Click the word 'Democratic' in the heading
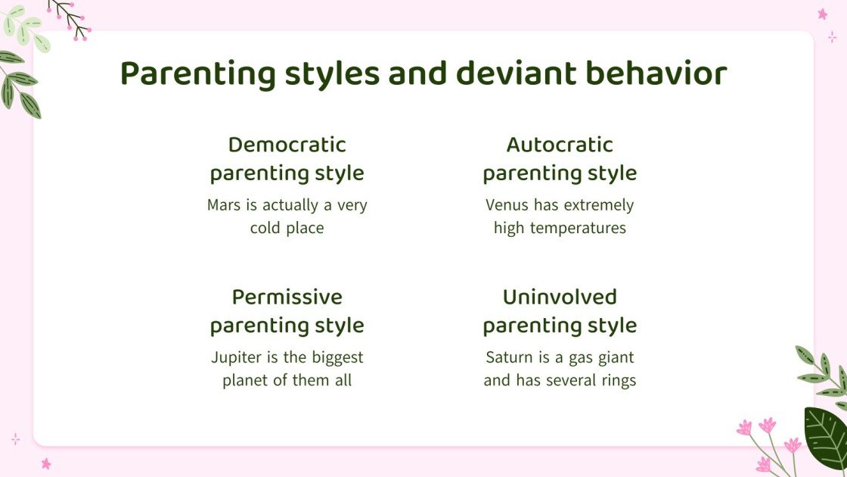(287, 145)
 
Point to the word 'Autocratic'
(560, 145)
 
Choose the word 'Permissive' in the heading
(287, 297)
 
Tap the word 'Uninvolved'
(560, 297)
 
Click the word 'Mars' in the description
(224, 205)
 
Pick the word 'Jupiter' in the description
(236, 357)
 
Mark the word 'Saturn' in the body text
(509, 357)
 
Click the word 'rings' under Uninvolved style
(616, 380)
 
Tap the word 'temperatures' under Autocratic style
(582, 228)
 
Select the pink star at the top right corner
(822, 14)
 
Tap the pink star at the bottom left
(45, 463)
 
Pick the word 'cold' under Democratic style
(265, 228)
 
